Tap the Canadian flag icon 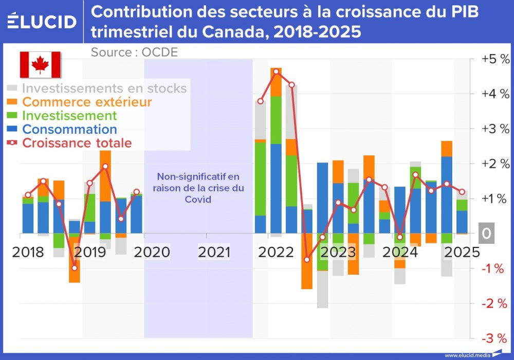pos(40,65)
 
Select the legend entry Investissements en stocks pos(104,88)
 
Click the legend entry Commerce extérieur pos(87,102)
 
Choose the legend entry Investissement pos(69,116)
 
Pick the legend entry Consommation pos(69,130)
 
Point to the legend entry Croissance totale pos(77,143)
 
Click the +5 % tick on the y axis pos(495,59)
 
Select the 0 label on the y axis pos(486,233)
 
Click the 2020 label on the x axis pos(152,252)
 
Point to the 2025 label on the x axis pos(462,252)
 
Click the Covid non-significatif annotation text pos(198,188)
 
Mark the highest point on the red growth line pos(276,71)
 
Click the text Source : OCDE pos(134,52)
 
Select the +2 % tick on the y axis pos(495,164)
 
